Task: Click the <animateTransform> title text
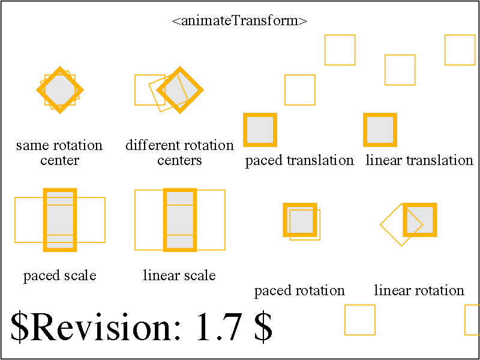coord(239,22)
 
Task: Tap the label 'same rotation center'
coord(59,153)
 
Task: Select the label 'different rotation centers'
coord(179,153)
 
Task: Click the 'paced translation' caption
coord(299,160)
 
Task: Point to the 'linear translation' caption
coord(419,160)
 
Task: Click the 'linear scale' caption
coord(179,275)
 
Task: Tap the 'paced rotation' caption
coord(299,290)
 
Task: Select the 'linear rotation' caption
coord(419,290)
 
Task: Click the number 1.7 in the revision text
coord(221,326)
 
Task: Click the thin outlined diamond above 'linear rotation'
coord(391,214)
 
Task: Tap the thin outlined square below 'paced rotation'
coord(360,305)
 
